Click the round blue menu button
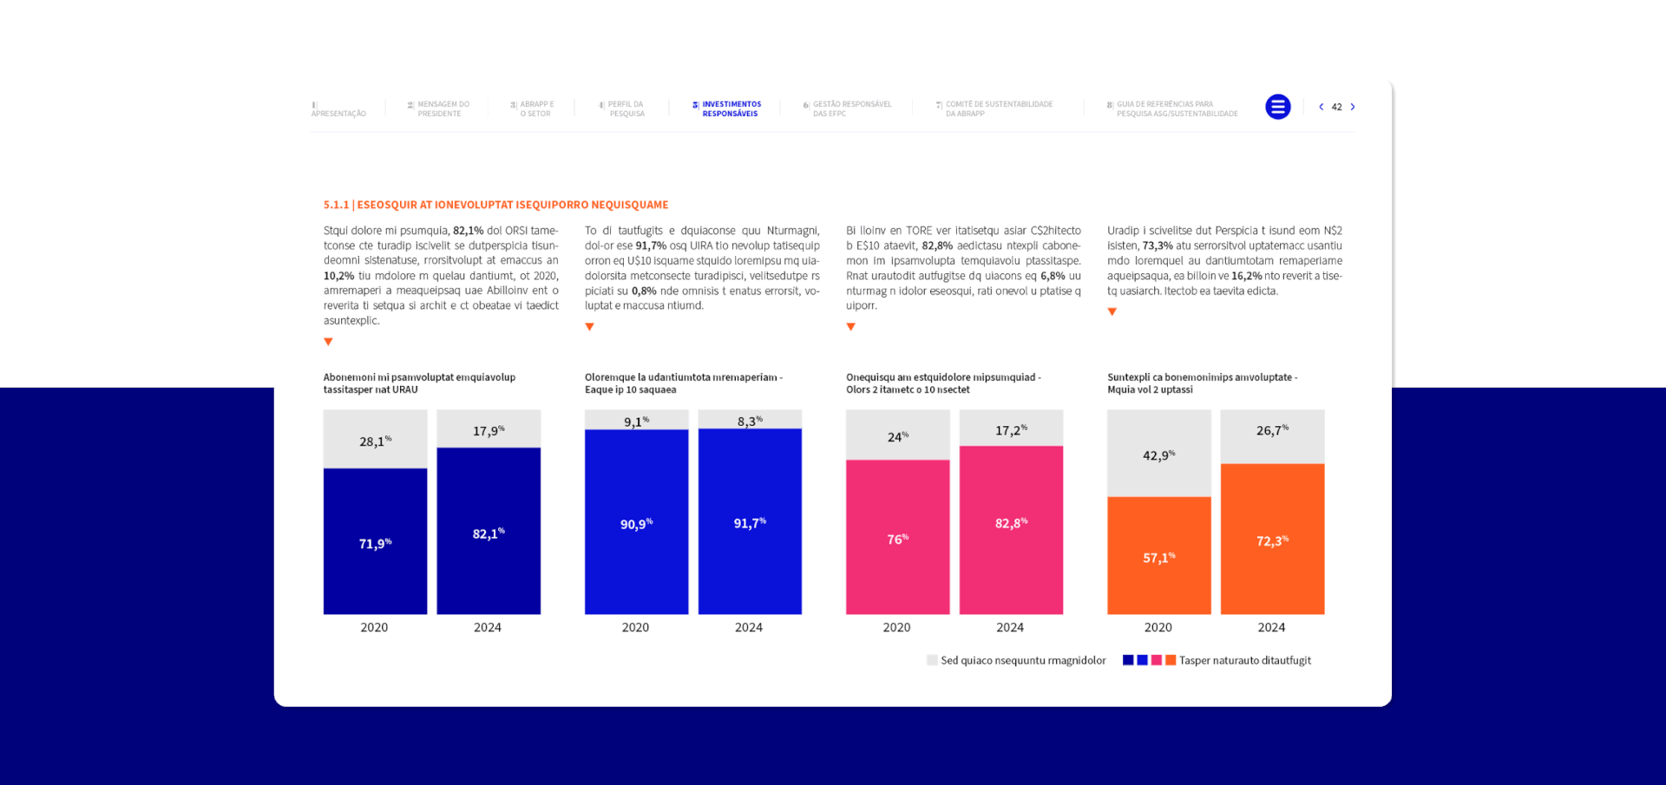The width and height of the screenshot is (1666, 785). pyautogui.click(x=1277, y=107)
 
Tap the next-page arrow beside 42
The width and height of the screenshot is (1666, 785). pyautogui.click(x=1353, y=108)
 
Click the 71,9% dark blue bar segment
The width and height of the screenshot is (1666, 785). pyautogui.click(x=375, y=541)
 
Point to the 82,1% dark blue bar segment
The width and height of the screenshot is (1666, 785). pyautogui.click(x=489, y=531)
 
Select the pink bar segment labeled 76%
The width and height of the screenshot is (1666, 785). pyautogui.click(x=897, y=537)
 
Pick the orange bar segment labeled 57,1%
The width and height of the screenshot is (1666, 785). pyautogui.click(x=1158, y=555)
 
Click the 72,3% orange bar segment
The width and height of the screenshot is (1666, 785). pyautogui.click(x=1272, y=539)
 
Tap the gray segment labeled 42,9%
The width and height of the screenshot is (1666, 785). pyautogui.click(x=1158, y=454)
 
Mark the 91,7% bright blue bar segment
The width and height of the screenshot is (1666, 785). pyautogui.click(x=750, y=521)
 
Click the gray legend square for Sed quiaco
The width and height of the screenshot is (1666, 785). pyautogui.click(x=932, y=660)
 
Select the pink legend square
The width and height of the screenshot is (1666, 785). pyautogui.click(x=1157, y=660)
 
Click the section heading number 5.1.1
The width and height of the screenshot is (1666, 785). pyautogui.click(x=336, y=205)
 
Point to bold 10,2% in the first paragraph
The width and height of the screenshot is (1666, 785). pyautogui.click(x=338, y=276)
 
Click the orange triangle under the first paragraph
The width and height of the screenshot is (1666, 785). pyautogui.click(x=328, y=342)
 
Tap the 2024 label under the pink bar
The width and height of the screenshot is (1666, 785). pyautogui.click(x=1010, y=627)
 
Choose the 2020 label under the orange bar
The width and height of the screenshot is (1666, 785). pyautogui.click(x=1158, y=627)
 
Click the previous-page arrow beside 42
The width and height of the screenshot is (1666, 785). pyautogui.click(x=1321, y=108)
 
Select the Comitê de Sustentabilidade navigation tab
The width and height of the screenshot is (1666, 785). pyautogui.click(x=998, y=108)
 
